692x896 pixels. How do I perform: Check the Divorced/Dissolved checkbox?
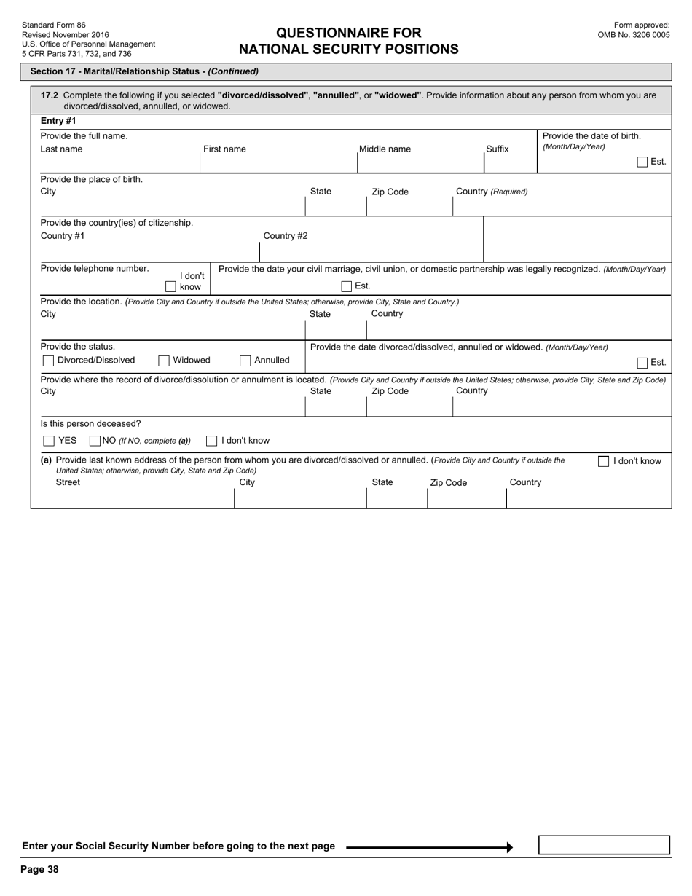click(48, 361)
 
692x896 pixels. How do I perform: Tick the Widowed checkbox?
click(164, 361)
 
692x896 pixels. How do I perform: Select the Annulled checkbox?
click(245, 361)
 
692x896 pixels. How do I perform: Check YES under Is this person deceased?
click(49, 441)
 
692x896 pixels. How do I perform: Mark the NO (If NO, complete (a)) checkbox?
click(95, 441)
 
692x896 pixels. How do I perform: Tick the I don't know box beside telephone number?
click(170, 287)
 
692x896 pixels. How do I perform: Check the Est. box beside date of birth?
click(642, 162)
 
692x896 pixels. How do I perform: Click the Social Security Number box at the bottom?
click(604, 845)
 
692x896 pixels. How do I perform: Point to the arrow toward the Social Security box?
click(430, 846)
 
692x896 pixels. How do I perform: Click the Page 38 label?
click(39, 869)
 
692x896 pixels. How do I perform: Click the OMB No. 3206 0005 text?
click(633, 34)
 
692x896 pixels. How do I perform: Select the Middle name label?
click(385, 149)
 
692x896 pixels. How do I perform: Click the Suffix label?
click(498, 149)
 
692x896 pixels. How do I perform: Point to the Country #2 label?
click(285, 235)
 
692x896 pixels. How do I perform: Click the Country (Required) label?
click(492, 192)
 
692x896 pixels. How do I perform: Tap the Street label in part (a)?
click(68, 482)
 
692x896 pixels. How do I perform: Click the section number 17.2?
click(50, 95)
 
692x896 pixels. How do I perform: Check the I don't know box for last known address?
click(603, 461)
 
